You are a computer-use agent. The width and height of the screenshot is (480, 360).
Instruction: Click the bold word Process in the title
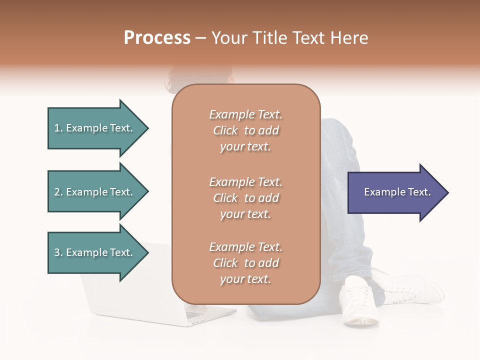pos(157,38)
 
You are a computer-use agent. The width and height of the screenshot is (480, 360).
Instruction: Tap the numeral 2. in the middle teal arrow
pos(58,192)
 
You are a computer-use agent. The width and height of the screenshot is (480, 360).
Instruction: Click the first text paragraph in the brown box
pos(245,130)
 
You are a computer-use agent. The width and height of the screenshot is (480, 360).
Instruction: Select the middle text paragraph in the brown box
pos(245,198)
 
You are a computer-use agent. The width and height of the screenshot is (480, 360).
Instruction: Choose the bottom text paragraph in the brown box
pos(245,263)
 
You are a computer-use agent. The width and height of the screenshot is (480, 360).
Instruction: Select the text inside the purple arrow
pos(397,192)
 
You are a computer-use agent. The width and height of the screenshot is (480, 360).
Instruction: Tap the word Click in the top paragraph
pos(225,130)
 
